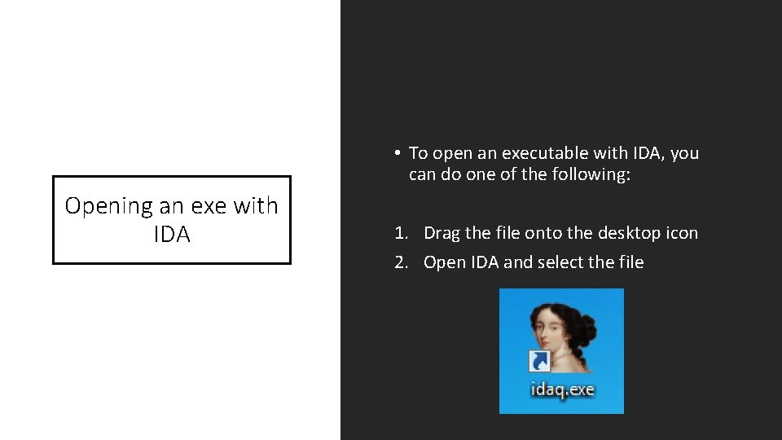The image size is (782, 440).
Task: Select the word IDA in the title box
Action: coord(171,235)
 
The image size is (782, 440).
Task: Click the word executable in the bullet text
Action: coord(541,153)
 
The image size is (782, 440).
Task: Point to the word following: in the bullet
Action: coord(592,175)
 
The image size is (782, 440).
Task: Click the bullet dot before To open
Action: coord(394,153)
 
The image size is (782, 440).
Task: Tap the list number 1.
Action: coord(400,234)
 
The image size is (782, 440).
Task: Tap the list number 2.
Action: coord(400,263)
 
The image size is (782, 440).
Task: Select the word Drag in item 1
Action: coord(442,234)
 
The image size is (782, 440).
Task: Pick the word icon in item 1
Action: coord(683,234)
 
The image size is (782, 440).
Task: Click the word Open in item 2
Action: coord(443,263)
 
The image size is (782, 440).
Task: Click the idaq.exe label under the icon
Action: coord(562,389)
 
